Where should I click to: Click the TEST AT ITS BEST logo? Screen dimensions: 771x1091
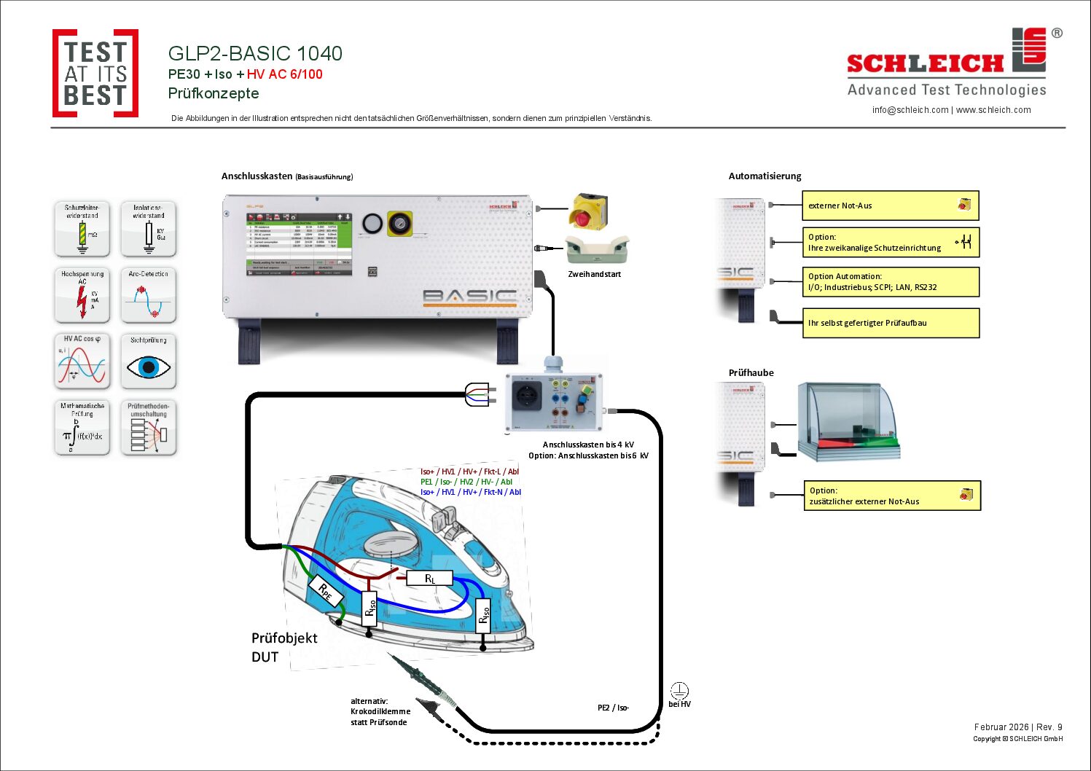[x=95, y=73]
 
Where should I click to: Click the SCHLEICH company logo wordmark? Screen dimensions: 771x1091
[x=926, y=63]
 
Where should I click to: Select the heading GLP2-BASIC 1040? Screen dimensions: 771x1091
[x=255, y=53]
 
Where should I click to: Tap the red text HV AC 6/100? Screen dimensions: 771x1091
[x=284, y=74]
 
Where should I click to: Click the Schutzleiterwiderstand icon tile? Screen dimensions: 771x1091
[x=82, y=229]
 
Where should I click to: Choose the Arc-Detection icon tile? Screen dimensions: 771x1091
[x=149, y=295]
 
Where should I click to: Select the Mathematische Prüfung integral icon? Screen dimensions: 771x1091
[x=82, y=428]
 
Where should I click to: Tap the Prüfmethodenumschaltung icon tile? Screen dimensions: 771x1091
[x=149, y=428]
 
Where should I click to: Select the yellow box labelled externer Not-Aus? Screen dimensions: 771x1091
[x=890, y=206]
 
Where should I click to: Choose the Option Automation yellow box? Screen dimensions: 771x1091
[x=890, y=281]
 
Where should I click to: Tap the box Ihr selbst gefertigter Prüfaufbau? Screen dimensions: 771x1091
[x=890, y=323]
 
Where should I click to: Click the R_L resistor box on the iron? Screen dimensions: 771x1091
[x=430, y=579]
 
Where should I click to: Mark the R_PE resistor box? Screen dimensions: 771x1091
[x=325, y=591]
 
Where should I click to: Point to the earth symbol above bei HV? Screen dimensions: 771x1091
[x=679, y=690]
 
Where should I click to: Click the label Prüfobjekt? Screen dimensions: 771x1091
[x=284, y=638]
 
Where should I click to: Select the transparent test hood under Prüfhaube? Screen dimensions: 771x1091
[x=848, y=422]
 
